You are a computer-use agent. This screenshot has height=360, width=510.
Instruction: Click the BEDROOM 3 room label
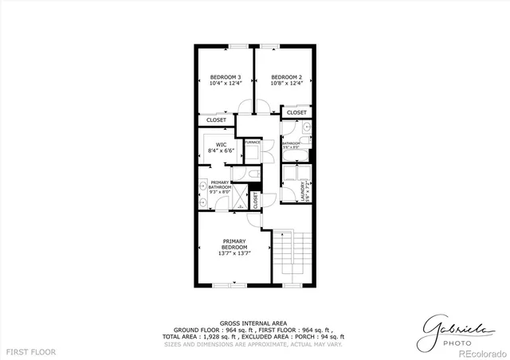pyautogui.click(x=226, y=76)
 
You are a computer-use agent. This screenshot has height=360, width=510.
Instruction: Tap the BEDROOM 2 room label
pyautogui.click(x=285, y=76)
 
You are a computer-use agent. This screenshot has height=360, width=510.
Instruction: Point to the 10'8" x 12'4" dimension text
pyautogui.click(x=285, y=84)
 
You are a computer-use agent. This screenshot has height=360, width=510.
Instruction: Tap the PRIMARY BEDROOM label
pyautogui.click(x=235, y=244)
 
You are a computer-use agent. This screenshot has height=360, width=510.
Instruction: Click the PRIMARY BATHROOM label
pyautogui.click(x=220, y=186)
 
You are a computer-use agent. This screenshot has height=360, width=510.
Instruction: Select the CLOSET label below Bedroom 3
pyautogui.click(x=216, y=119)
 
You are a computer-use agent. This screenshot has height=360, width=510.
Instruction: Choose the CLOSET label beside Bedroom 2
pyautogui.click(x=296, y=113)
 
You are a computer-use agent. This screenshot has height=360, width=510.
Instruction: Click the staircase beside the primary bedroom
pyautogui.click(x=291, y=256)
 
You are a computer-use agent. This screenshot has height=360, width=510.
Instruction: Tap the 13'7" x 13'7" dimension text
pyautogui.click(x=235, y=253)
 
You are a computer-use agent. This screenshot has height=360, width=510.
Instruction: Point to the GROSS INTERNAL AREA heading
pyautogui.click(x=254, y=323)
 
